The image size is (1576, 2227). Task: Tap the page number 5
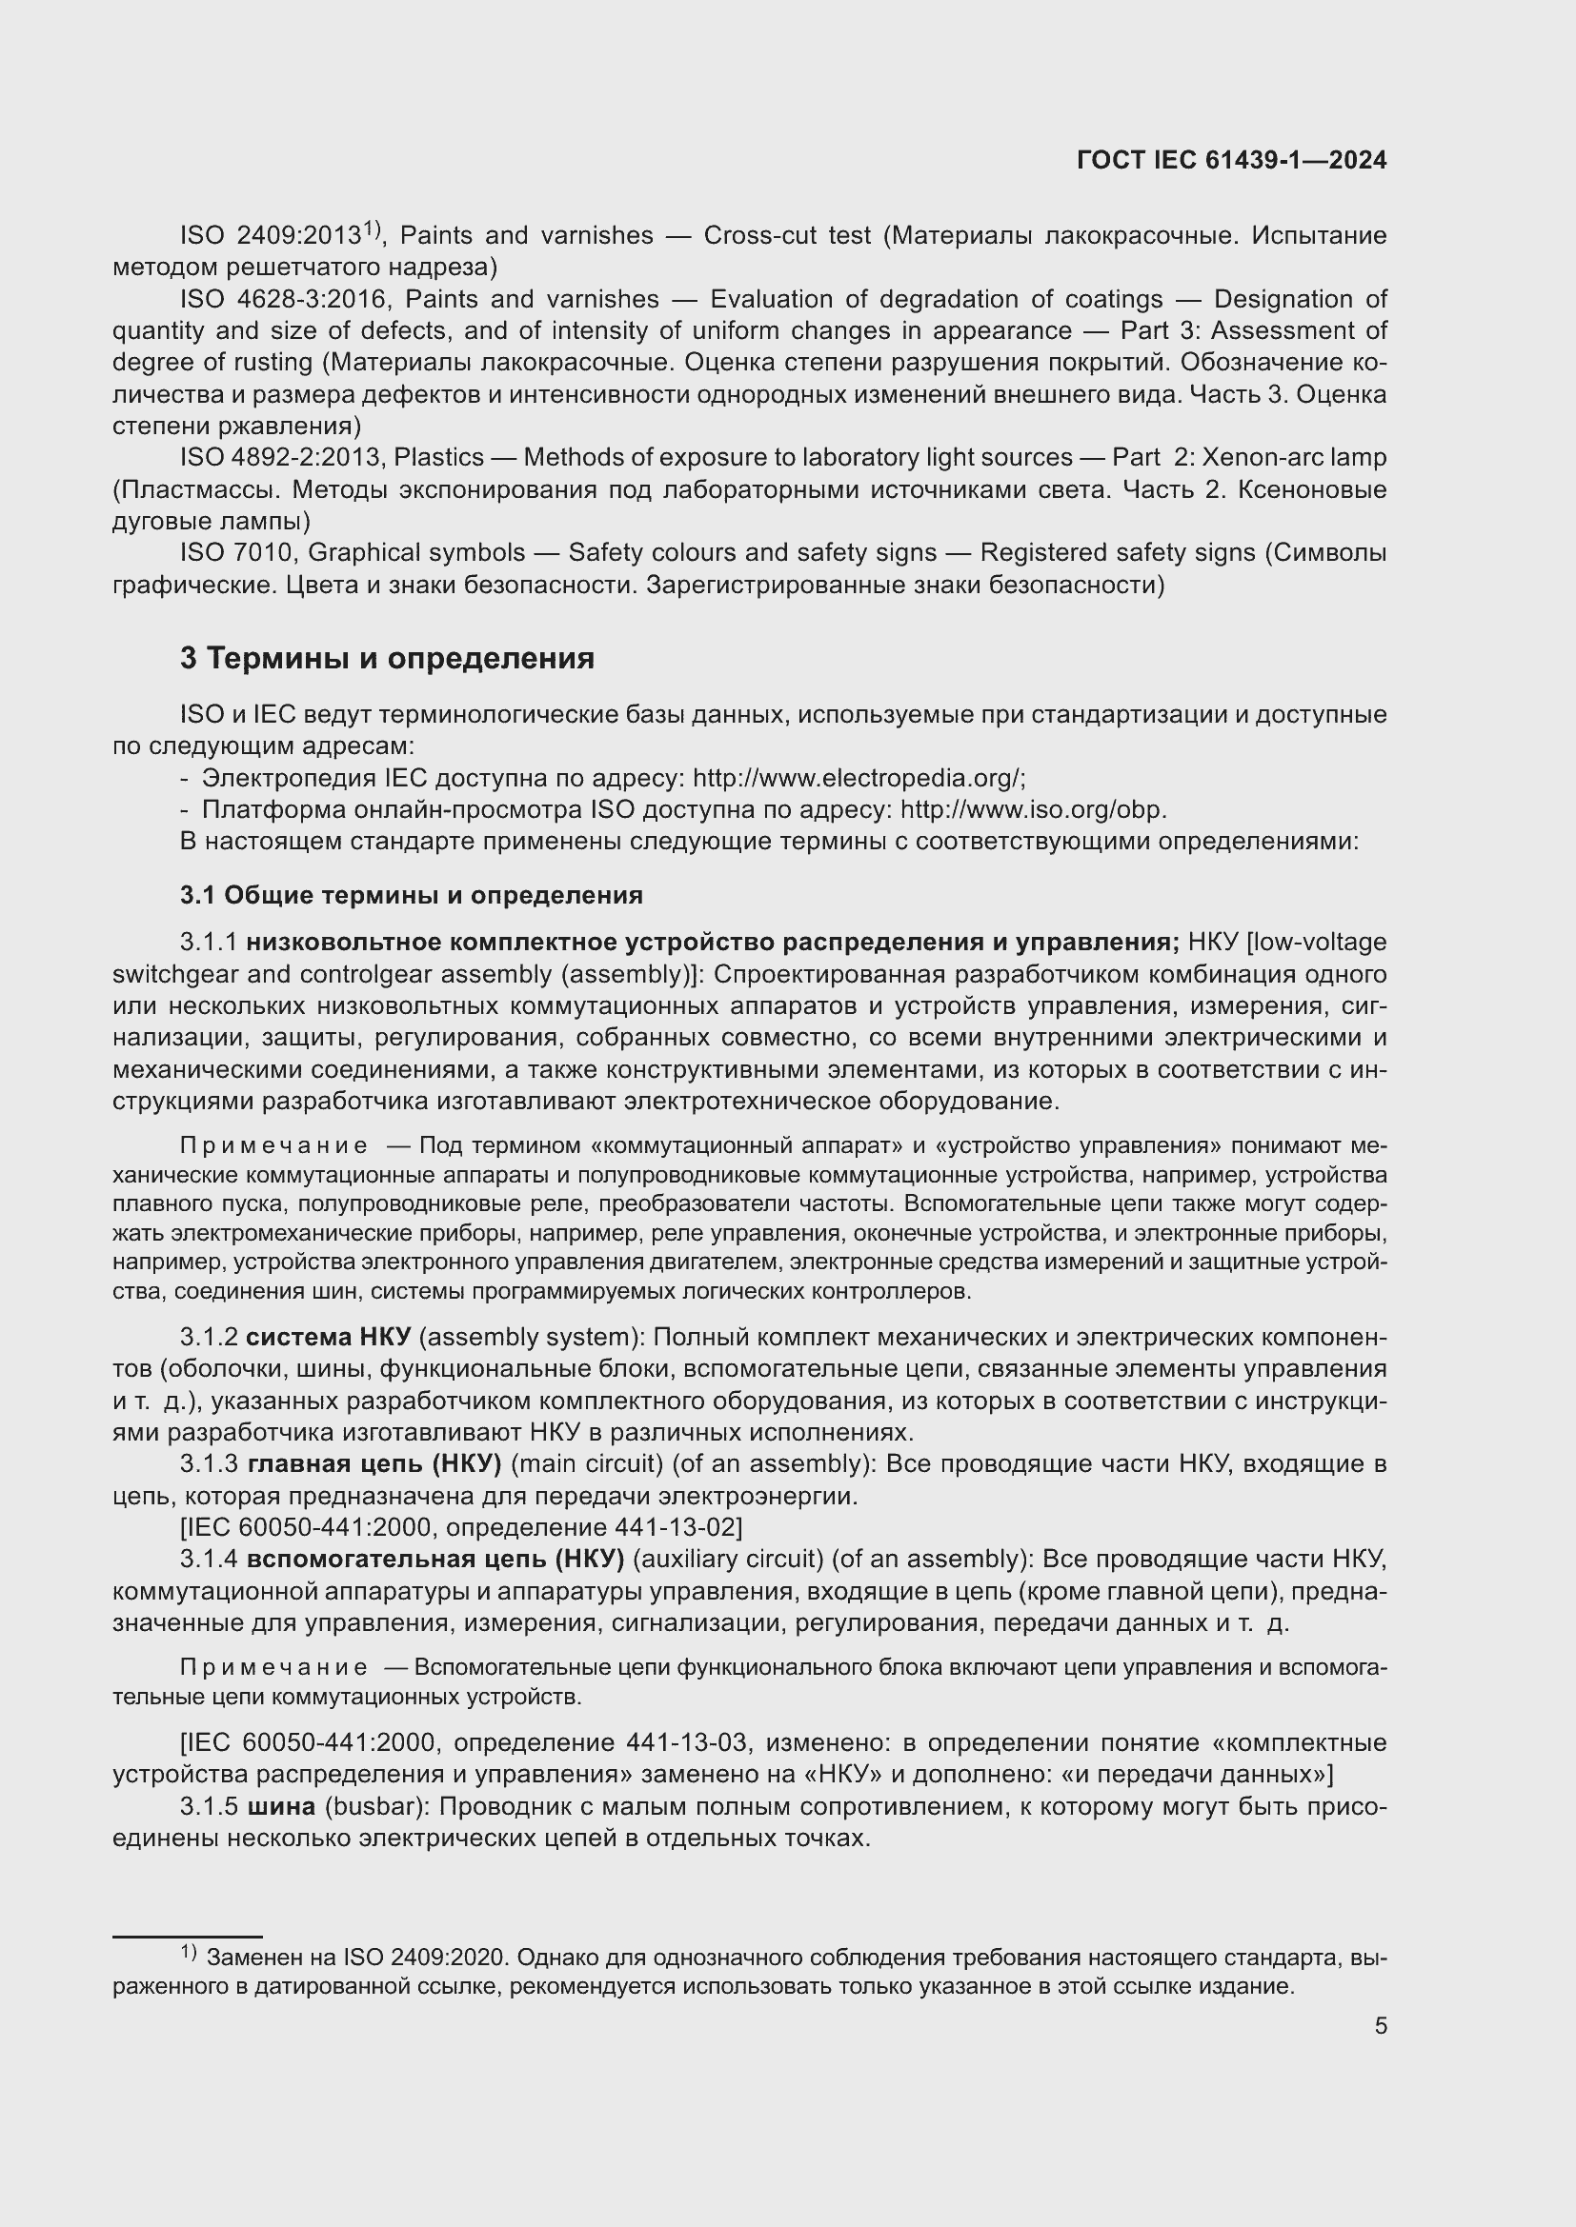tap(1380, 2025)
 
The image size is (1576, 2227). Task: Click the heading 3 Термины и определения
tap(386, 659)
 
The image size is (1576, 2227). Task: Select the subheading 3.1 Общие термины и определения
tap(411, 894)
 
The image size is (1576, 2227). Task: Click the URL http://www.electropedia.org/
tap(858, 778)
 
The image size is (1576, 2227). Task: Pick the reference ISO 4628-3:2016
tap(282, 299)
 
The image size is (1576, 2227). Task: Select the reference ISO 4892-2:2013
tap(282, 457)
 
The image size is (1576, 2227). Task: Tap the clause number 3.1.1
tap(209, 942)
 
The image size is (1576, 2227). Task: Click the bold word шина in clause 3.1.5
tap(281, 1806)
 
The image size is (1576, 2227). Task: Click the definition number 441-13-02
tap(676, 1527)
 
